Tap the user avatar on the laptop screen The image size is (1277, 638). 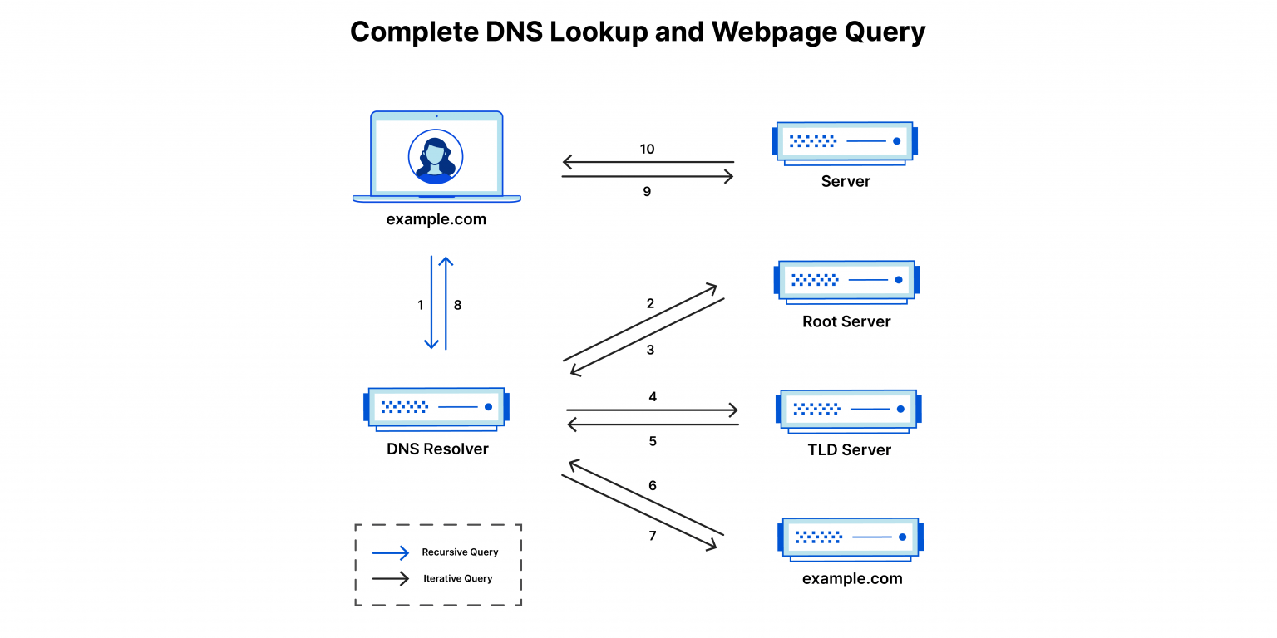pos(436,156)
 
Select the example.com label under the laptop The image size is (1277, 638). pos(436,220)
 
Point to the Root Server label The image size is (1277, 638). pos(846,321)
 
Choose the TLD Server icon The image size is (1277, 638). pos(848,410)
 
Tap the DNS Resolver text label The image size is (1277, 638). pos(437,449)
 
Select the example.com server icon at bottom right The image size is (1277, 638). pos(850,538)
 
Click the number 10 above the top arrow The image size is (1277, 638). pos(647,150)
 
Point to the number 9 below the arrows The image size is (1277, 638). pos(647,191)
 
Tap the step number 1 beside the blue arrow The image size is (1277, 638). pos(421,305)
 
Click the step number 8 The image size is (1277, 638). pos(457,305)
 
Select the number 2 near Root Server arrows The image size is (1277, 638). pos(650,304)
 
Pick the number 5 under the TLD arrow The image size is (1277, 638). pos(653,441)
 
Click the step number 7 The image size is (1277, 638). pos(653,536)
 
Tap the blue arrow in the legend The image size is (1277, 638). pos(391,552)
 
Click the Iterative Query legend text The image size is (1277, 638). pos(458,578)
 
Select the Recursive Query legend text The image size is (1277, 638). pos(460,552)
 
